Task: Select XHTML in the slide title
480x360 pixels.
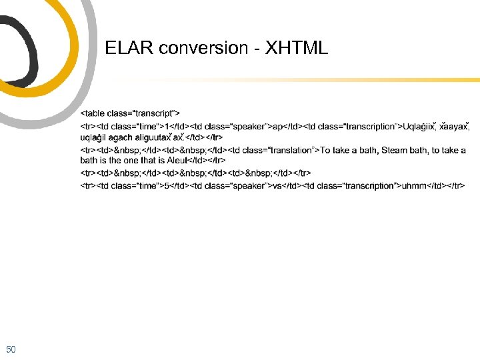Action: (x=297, y=48)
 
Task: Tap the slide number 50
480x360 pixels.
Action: (x=11, y=349)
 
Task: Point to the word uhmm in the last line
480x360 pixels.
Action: (x=413, y=185)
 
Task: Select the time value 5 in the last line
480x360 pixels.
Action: (x=167, y=185)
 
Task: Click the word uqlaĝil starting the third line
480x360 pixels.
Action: (x=93, y=137)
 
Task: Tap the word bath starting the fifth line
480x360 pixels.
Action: (x=89, y=160)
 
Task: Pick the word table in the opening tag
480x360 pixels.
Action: (x=96, y=114)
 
